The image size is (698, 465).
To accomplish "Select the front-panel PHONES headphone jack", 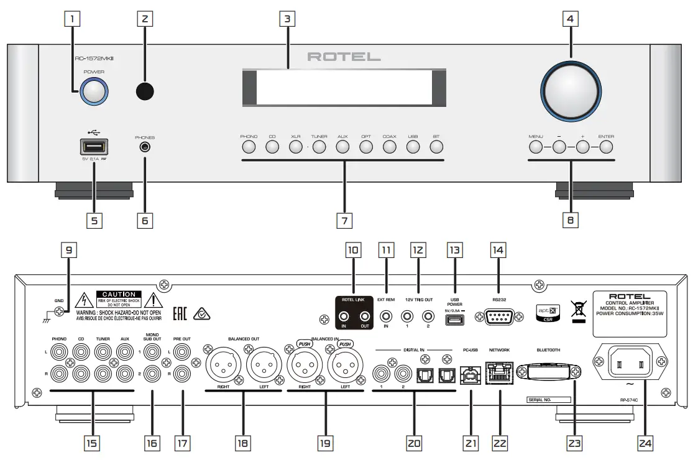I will [145, 147].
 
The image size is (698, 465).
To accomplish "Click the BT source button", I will [436, 147].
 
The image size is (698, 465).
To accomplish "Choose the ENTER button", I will [605, 147].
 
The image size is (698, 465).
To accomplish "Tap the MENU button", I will [536, 147].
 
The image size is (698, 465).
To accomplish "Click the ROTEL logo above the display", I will [344, 57].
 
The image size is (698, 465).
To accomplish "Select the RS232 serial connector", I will [498, 317].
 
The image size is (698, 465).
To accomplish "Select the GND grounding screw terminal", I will [59, 315].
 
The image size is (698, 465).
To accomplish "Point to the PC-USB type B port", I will [470, 375].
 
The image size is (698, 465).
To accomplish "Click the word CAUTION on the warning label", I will [119, 294].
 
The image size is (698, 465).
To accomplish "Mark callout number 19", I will [324, 443].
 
